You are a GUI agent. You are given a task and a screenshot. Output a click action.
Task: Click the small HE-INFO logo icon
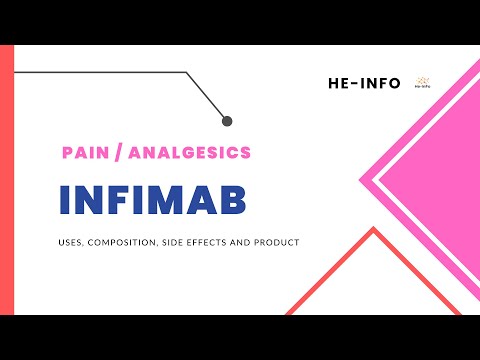(x=422, y=80)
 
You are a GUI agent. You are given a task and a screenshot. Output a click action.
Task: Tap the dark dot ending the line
(x=227, y=121)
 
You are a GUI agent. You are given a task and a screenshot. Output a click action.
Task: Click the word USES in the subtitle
(x=74, y=243)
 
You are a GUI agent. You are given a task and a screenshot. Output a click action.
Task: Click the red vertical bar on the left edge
(x=6, y=180)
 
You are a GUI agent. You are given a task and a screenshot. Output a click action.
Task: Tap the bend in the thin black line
(x=187, y=73)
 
